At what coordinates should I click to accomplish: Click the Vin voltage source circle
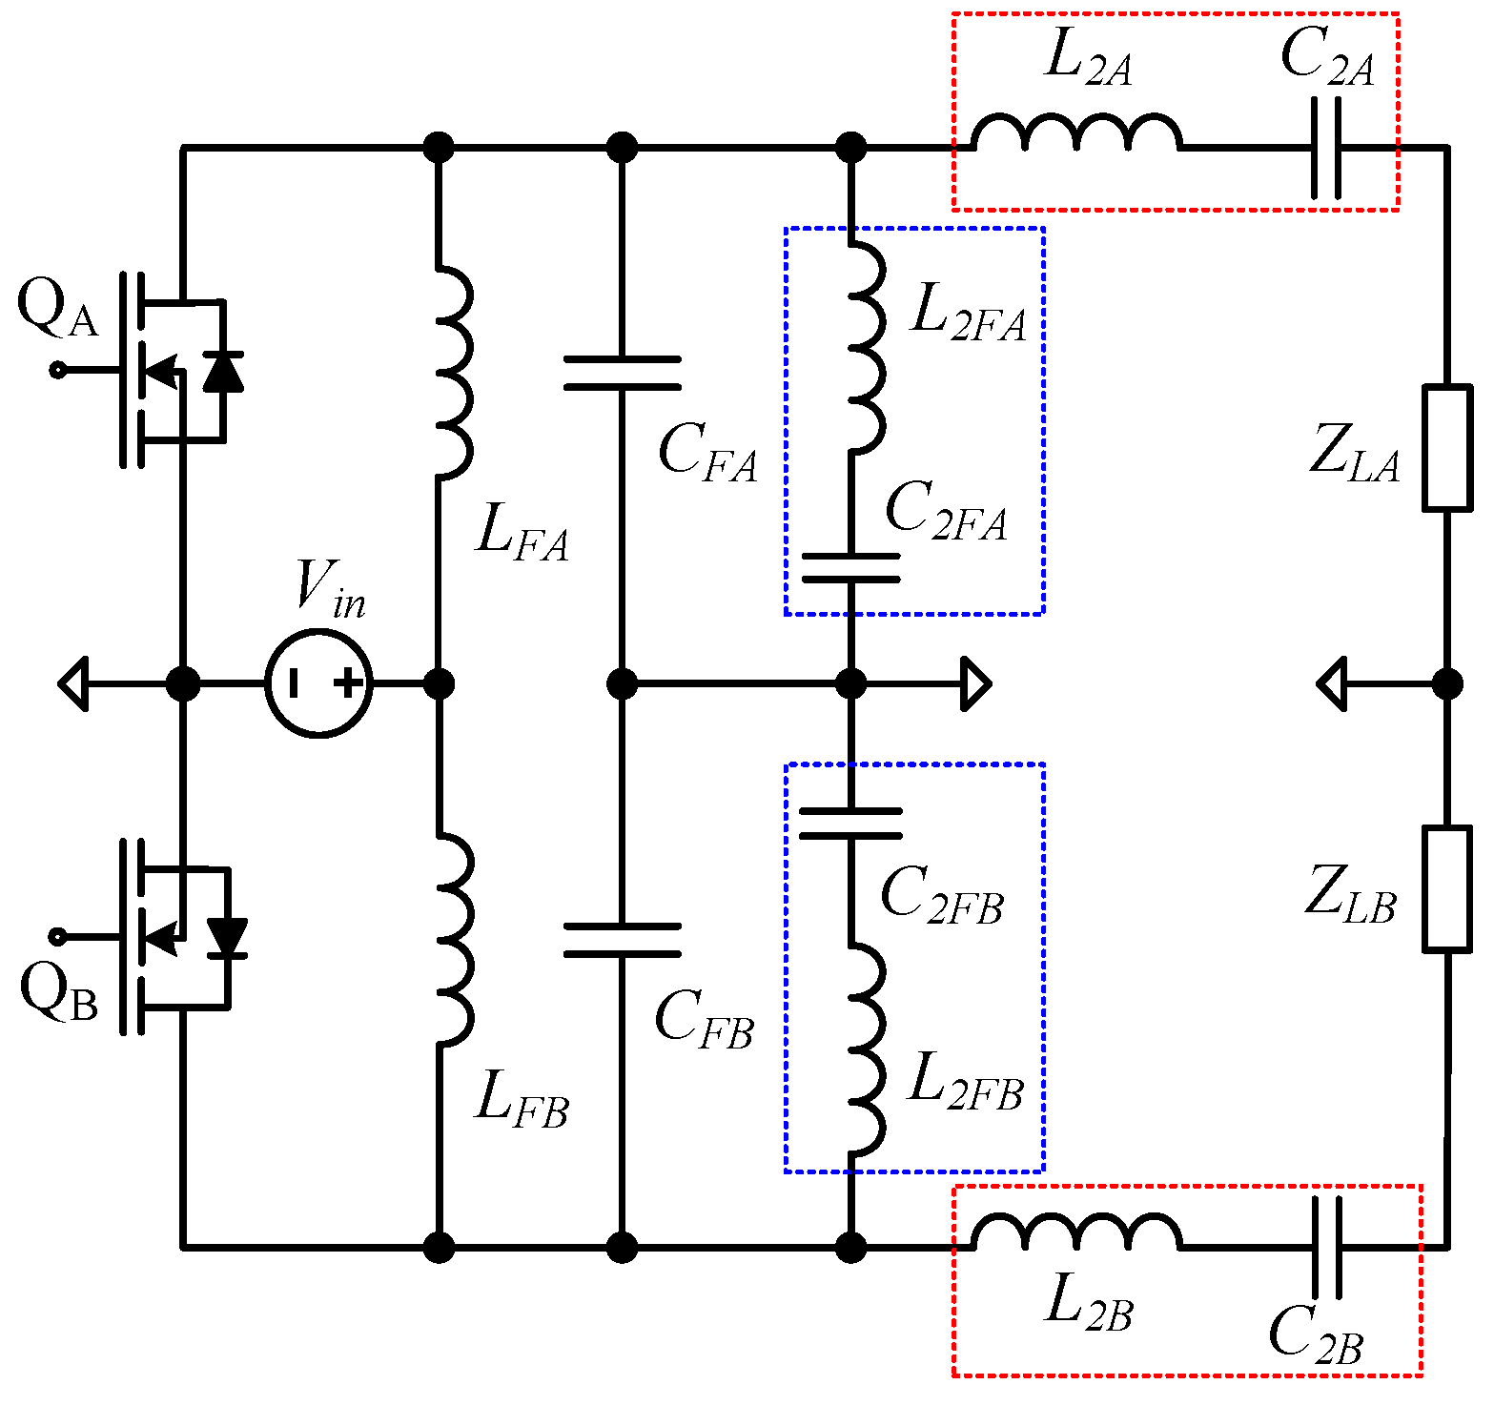318,683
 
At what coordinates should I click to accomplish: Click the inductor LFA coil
452,371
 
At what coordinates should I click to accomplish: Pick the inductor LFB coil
452,938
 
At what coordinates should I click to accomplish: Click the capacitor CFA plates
622,373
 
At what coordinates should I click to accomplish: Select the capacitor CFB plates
622,940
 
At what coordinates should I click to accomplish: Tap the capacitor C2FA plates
850,566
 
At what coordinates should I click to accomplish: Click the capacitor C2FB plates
850,824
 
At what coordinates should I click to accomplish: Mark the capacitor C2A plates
1326,148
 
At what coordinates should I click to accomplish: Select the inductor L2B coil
1076,1232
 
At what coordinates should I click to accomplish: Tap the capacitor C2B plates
1326,1246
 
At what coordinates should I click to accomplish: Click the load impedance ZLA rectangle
1447,447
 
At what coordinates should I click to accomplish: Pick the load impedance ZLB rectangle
1447,889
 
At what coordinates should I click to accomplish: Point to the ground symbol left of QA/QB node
74,683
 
